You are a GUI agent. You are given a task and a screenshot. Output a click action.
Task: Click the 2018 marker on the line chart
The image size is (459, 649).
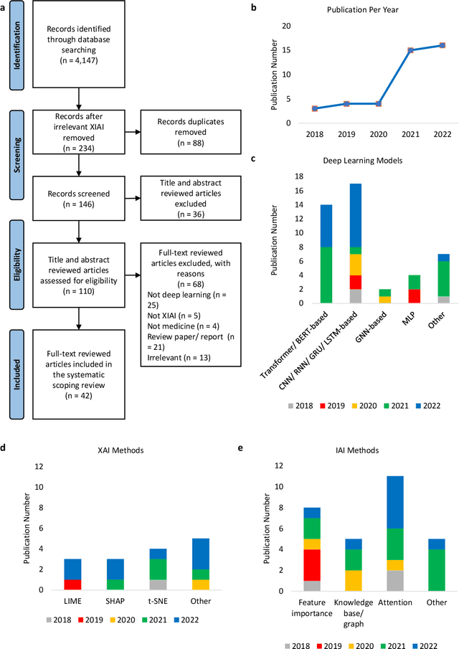point(315,108)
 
